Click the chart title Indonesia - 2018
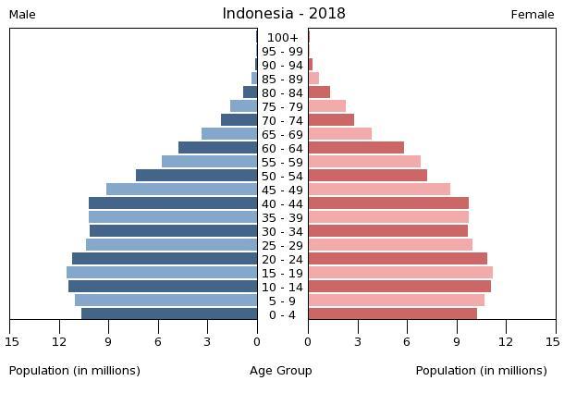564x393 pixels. click(x=283, y=14)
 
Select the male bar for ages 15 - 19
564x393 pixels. click(x=162, y=273)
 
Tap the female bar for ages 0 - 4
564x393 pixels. click(x=392, y=314)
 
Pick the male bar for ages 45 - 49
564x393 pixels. click(x=181, y=190)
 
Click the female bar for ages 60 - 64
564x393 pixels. click(x=356, y=148)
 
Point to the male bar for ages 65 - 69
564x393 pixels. click(x=229, y=134)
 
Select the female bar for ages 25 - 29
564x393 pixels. click(x=390, y=245)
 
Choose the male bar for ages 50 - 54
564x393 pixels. click(x=196, y=176)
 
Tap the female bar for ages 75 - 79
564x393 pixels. click(x=326, y=106)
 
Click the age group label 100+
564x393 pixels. click(x=282, y=38)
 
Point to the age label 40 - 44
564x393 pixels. click(x=282, y=204)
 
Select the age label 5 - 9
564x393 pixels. click(x=282, y=301)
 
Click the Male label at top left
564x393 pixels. click(x=22, y=15)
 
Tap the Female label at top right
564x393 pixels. click(x=533, y=15)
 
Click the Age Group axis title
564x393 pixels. click(x=281, y=371)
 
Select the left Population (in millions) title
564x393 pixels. click(x=75, y=371)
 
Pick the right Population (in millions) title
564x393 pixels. click(x=481, y=371)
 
